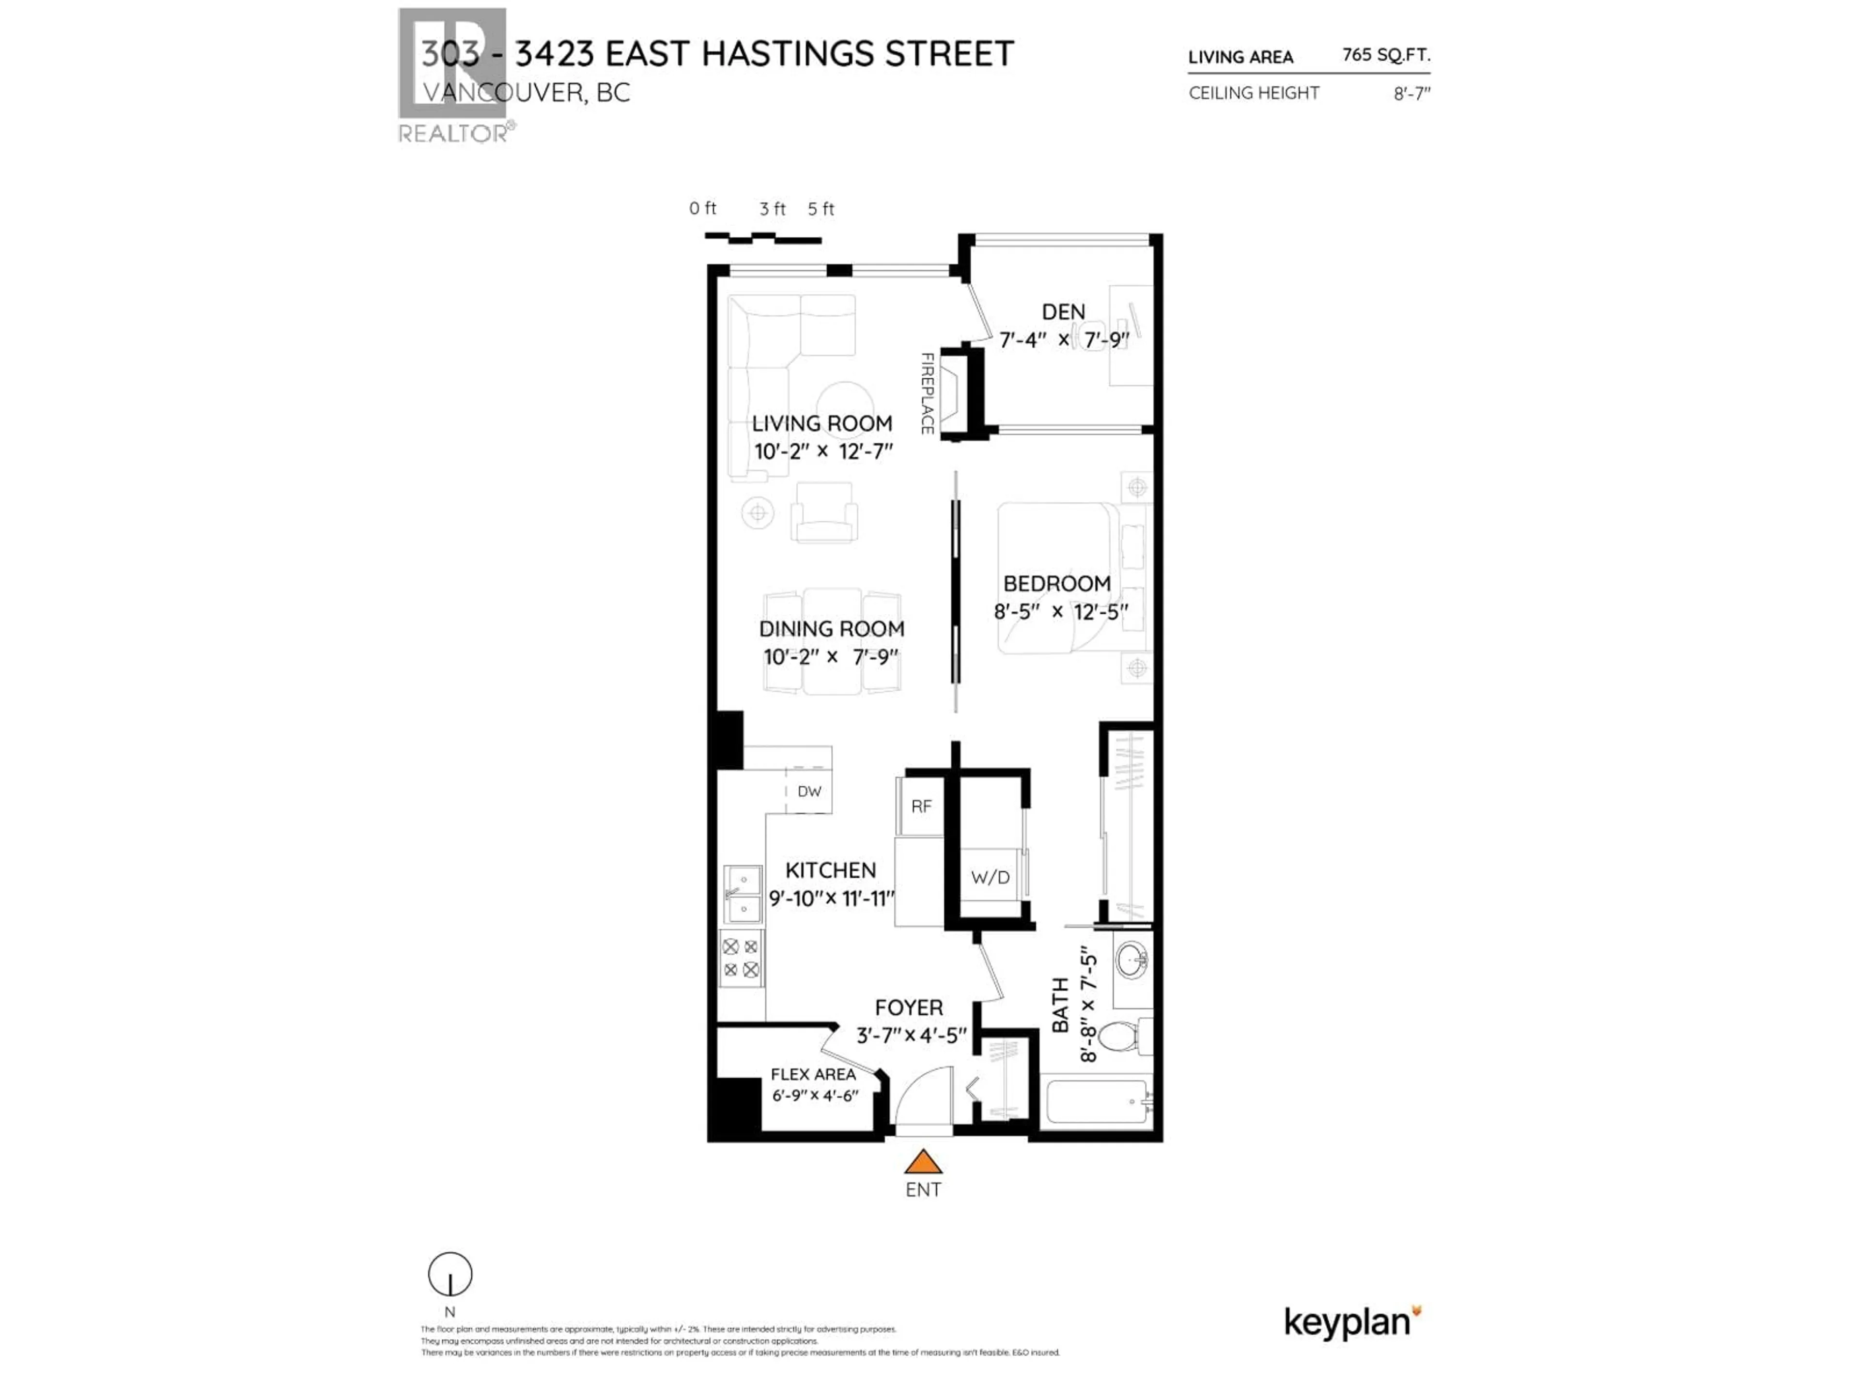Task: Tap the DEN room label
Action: [x=1063, y=312]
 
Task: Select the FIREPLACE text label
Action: [x=927, y=393]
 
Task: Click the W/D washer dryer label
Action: [x=990, y=878]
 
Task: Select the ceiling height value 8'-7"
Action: [x=1412, y=93]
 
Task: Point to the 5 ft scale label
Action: [x=821, y=209]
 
